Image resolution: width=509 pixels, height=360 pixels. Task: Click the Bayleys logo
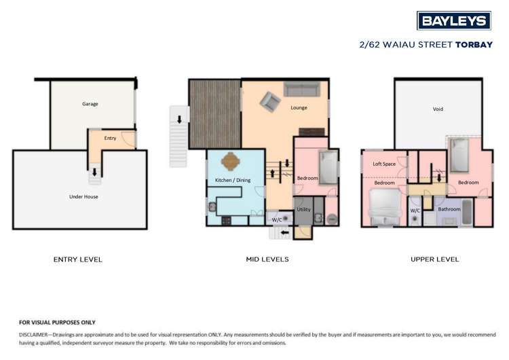tap(453, 20)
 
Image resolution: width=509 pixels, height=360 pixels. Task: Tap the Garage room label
tap(90, 104)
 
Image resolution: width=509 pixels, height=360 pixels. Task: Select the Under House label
tap(83, 196)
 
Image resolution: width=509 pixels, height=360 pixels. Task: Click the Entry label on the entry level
tap(110, 138)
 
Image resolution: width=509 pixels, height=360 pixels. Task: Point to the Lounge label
tap(299, 107)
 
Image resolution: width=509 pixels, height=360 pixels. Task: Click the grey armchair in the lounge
tap(270, 102)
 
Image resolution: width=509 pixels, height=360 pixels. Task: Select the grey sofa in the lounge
tap(301, 89)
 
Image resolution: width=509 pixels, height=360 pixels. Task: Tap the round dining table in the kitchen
tap(231, 162)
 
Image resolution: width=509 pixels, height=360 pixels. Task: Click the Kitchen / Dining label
tap(233, 180)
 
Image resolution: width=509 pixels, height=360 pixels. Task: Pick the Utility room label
tap(303, 210)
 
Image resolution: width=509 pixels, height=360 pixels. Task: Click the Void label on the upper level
tap(438, 109)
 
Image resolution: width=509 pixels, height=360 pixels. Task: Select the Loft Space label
tap(384, 164)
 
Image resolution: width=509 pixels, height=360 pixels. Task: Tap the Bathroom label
tap(449, 209)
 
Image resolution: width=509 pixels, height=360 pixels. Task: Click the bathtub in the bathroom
tap(468, 212)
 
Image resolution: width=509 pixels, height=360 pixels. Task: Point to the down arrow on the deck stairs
tap(180, 120)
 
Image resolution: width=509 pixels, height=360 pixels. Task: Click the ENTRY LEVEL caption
tap(78, 259)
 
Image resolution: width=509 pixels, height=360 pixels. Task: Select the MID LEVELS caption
tap(267, 259)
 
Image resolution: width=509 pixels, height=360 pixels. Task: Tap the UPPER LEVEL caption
tap(434, 259)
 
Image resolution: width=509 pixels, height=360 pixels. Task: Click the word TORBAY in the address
tap(474, 45)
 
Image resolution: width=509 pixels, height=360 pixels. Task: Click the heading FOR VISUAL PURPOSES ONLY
tap(57, 323)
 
